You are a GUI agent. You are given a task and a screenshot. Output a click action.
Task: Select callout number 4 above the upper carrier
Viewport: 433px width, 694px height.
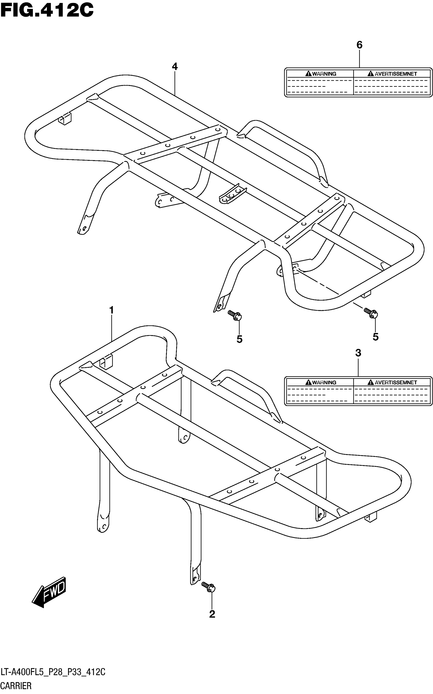click(175, 67)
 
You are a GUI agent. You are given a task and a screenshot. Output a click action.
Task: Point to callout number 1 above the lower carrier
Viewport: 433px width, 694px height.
click(112, 310)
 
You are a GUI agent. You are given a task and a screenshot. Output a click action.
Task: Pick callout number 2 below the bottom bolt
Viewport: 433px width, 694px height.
click(212, 614)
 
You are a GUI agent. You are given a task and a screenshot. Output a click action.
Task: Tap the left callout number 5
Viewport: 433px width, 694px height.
click(239, 339)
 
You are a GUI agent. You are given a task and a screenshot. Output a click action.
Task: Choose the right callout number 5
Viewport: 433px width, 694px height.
click(375, 337)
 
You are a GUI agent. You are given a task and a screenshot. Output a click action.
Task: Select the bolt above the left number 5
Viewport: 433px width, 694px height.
click(235, 315)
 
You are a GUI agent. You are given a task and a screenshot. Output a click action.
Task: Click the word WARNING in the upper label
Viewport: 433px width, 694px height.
click(324, 74)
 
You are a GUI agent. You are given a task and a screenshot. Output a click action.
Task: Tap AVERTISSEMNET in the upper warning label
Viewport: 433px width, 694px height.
click(396, 74)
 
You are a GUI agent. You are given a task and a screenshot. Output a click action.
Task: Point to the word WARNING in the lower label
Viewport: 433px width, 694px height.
click(324, 383)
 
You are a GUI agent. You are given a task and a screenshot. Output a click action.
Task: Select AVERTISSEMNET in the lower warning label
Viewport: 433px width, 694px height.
click(396, 383)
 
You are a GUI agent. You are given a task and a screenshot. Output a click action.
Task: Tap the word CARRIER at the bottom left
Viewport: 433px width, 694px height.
click(16, 686)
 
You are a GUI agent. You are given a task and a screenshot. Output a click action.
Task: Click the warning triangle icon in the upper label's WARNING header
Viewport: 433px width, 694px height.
click(308, 74)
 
